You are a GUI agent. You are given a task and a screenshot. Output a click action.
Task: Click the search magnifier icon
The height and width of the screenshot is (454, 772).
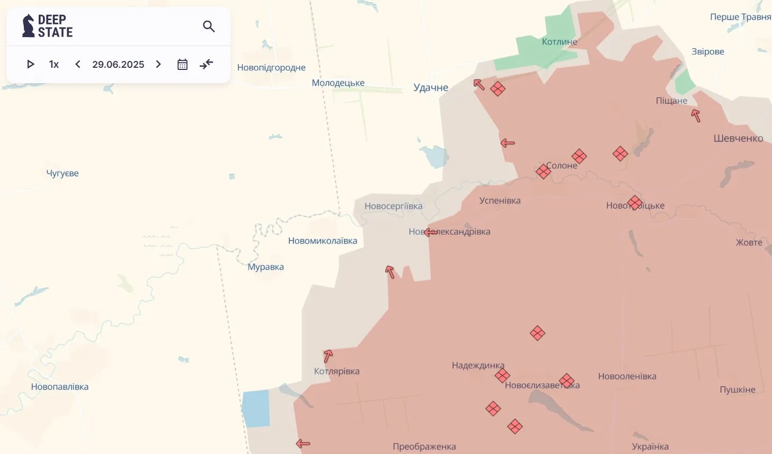click(x=209, y=26)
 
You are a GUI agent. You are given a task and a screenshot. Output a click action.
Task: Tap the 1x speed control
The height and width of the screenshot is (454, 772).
click(x=54, y=64)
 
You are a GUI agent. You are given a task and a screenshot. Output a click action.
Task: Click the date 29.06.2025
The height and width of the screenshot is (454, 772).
click(x=118, y=64)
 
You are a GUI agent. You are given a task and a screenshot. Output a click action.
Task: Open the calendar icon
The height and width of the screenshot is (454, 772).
click(x=182, y=64)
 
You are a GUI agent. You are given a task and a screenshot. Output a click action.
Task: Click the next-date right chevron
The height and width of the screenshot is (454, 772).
click(x=158, y=64)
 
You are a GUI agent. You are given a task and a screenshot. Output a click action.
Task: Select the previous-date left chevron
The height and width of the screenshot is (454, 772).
click(x=78, y=64)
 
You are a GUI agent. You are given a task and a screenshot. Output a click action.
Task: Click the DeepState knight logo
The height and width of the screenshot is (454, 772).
click(x=28, y=26)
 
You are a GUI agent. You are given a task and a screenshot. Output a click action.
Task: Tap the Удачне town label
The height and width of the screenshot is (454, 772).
click(x=431, y=87)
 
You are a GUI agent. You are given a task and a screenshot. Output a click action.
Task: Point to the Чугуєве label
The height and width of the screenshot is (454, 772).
click(x=63, y=173)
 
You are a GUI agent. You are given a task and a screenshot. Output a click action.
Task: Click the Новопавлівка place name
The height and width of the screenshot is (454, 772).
click(x=60, y=387)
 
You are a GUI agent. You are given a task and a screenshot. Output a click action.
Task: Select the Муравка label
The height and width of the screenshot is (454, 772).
click(x=266, y=267)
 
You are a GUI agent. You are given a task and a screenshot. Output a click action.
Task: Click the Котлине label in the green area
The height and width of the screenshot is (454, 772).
click(x=560, y=42)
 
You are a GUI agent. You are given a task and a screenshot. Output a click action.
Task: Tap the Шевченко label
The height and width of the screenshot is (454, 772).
click(x=738, y=138)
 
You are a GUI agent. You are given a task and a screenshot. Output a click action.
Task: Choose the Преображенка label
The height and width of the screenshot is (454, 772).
click(x=424, y=447)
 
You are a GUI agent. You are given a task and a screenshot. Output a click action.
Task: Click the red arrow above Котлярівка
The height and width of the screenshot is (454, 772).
click(x=328, y=355)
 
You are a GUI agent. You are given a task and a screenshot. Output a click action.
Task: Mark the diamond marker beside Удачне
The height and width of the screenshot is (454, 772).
click(x=498, y=88)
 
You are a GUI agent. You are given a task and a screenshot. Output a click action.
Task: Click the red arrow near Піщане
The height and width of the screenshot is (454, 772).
click(x=696, y=115)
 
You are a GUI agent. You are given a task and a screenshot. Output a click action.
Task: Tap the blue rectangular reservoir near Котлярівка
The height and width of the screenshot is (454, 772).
click(x=256, y=408)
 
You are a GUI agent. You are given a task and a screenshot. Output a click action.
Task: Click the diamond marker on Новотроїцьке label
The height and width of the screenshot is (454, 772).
click(x=635, y=203)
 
